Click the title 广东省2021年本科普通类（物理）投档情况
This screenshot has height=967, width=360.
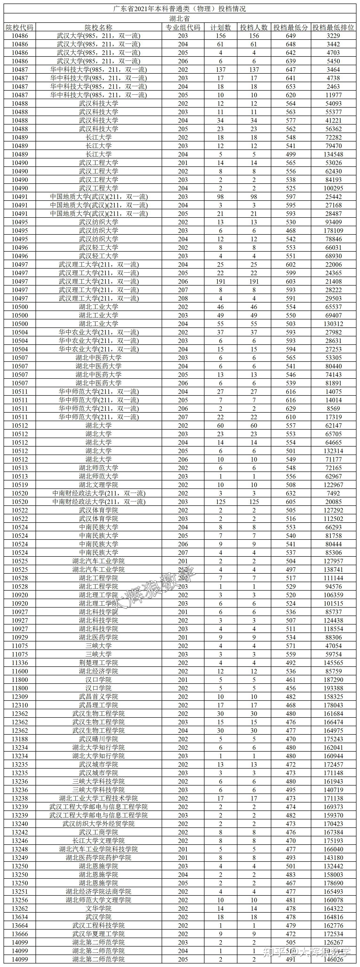click(180, 9)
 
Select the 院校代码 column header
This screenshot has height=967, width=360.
click(20, 27)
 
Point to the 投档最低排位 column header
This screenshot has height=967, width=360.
click(333, 27)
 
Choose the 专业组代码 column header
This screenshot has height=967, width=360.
click(183, 27)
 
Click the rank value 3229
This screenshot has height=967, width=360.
click(333, 36)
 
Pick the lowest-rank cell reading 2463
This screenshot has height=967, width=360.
click(333, 87)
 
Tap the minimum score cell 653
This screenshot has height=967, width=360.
click(291, 87)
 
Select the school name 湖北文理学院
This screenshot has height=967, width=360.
click(98, 485)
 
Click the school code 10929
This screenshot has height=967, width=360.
click(20, 637)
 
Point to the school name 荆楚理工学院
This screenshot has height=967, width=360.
click(98, 663)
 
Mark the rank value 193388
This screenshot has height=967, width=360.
click(333, 688)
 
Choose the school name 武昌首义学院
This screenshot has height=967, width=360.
click(98, 696)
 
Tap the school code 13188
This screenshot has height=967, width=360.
click(20, 739)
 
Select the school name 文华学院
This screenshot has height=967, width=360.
click(98, 908)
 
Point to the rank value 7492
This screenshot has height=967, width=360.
click(333, 493)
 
